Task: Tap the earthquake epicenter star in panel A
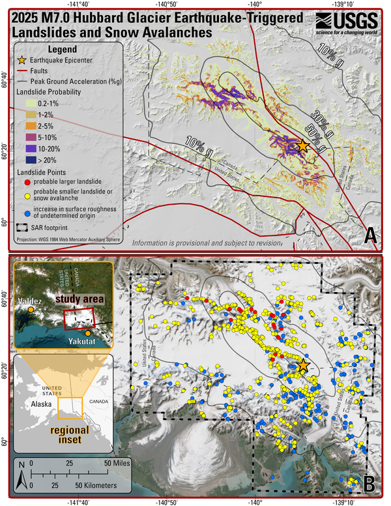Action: point(302,146)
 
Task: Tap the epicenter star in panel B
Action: point(302,366)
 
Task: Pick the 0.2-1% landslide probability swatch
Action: point(25,104)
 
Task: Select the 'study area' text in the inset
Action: point(81,299)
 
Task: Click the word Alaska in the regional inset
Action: point(42,404)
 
